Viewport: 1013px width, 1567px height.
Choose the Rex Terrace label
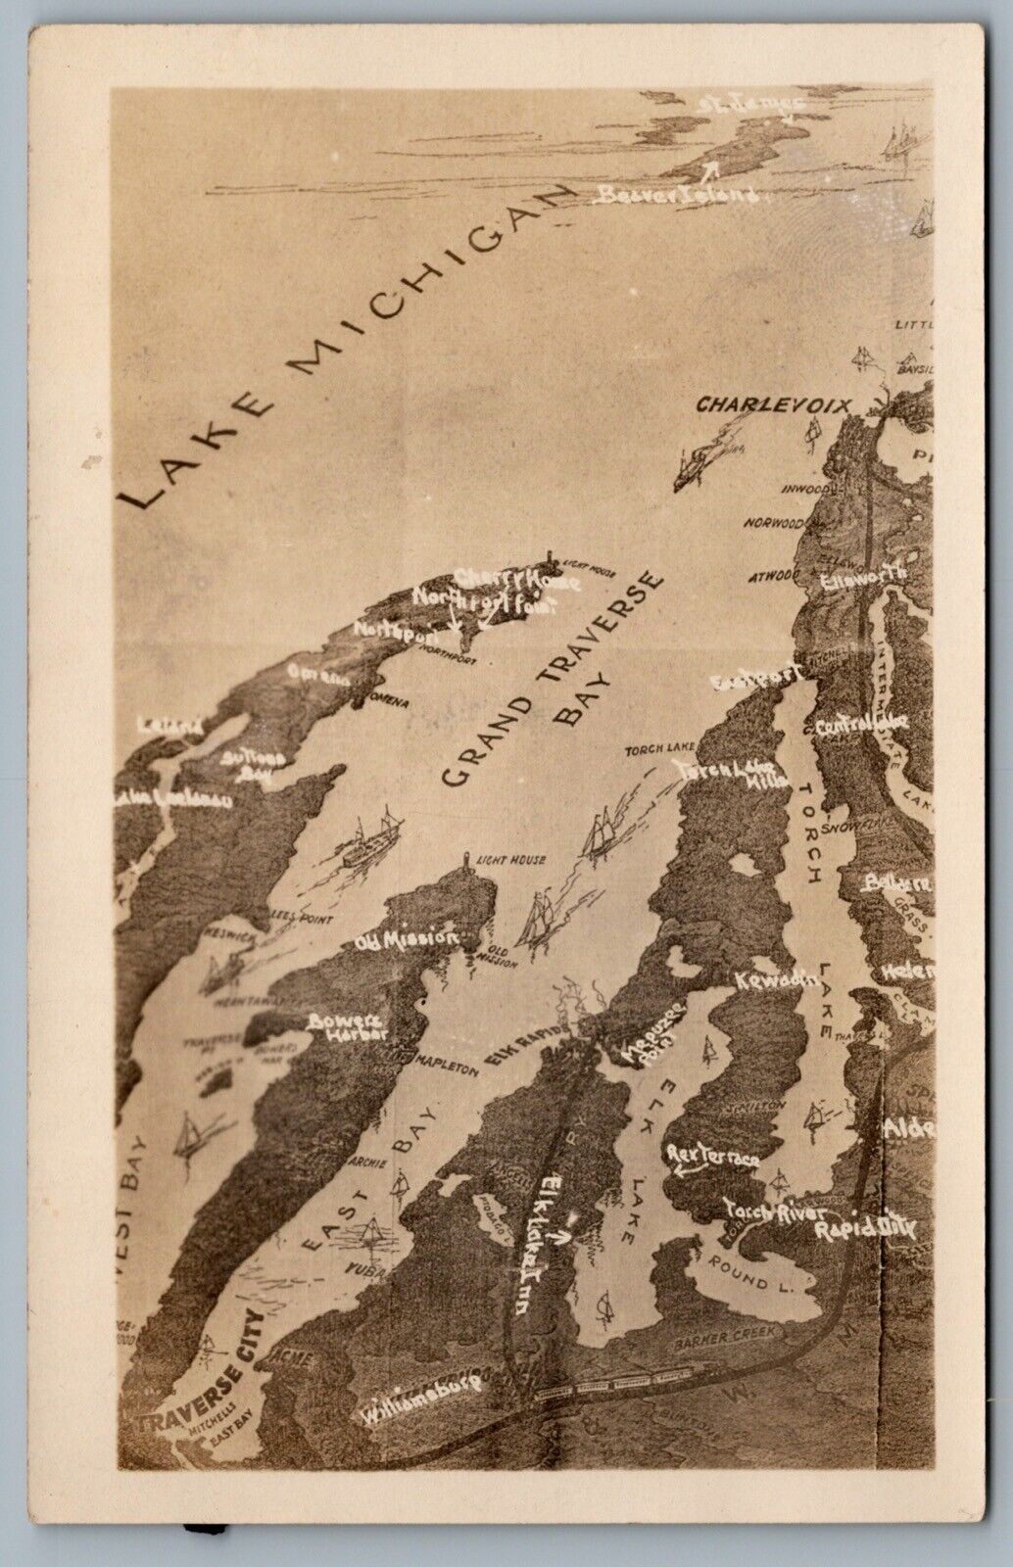(715, 1158)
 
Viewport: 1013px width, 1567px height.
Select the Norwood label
(773, 522)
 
